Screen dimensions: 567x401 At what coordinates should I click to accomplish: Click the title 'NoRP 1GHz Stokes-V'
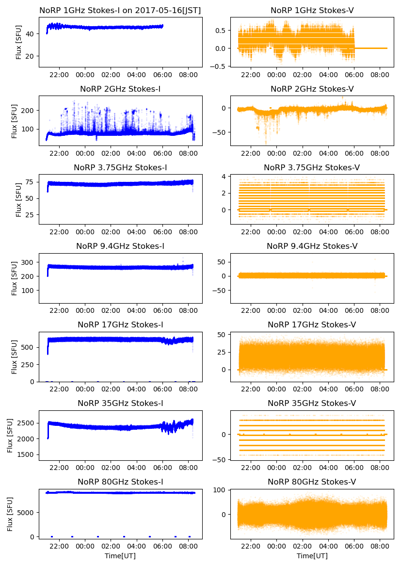pos(312,10)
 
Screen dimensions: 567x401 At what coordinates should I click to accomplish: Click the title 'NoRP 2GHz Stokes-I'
pos(120,89)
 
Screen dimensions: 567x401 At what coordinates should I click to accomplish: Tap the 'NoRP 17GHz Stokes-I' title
pos(120,324)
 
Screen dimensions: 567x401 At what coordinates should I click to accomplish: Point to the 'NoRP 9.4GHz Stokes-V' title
pos(312,246)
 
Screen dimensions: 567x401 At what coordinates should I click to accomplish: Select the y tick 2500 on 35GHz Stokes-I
pos(28,423)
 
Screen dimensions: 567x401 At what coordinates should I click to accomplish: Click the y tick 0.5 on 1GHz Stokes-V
pos(222,30)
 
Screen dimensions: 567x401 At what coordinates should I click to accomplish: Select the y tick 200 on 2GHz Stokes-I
pos(30,110)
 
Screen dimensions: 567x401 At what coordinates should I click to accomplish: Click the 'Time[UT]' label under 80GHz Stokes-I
pos(120,556)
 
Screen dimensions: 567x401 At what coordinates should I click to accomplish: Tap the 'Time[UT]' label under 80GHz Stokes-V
pos(312,556)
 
